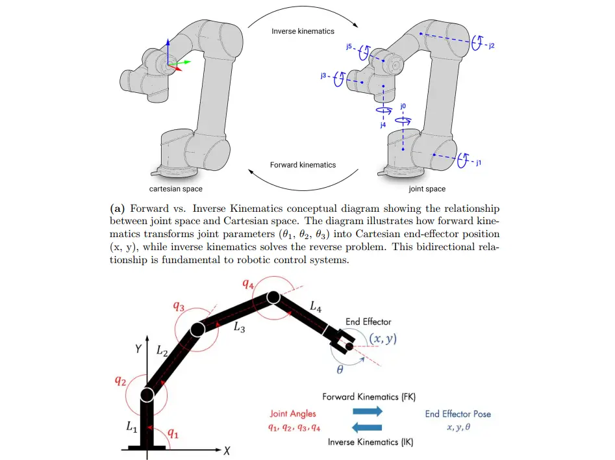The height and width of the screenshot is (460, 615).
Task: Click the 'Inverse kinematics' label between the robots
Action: point(303,31)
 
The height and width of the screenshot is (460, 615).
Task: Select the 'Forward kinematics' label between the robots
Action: point(303,165)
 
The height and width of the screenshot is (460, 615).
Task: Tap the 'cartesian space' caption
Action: point(176,189)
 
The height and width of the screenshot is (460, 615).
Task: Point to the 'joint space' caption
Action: point(427,189)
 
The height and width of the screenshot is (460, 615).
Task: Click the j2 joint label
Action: point(492,45)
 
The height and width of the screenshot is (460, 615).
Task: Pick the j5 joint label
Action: point(349,47)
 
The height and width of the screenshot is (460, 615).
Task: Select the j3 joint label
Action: point(323,75)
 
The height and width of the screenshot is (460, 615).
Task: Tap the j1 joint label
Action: point(479,162)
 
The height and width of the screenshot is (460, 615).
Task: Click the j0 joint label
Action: point(403,106)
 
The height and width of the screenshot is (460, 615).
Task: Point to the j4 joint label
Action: point(383,125)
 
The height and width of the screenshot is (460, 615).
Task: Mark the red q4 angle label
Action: point(248,284)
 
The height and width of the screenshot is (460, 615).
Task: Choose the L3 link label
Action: point(239,327)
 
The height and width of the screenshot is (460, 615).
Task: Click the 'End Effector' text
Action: point(368,322)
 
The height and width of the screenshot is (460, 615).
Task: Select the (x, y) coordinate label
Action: point(383,339)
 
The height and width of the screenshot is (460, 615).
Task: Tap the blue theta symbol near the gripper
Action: point(340,369)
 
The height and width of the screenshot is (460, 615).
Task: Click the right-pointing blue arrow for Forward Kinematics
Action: point(368,411)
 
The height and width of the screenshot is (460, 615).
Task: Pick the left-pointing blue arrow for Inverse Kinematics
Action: point(367,427)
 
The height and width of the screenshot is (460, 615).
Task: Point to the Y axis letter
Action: point(138,348)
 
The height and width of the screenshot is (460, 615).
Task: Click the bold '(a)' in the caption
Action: point(118,208)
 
